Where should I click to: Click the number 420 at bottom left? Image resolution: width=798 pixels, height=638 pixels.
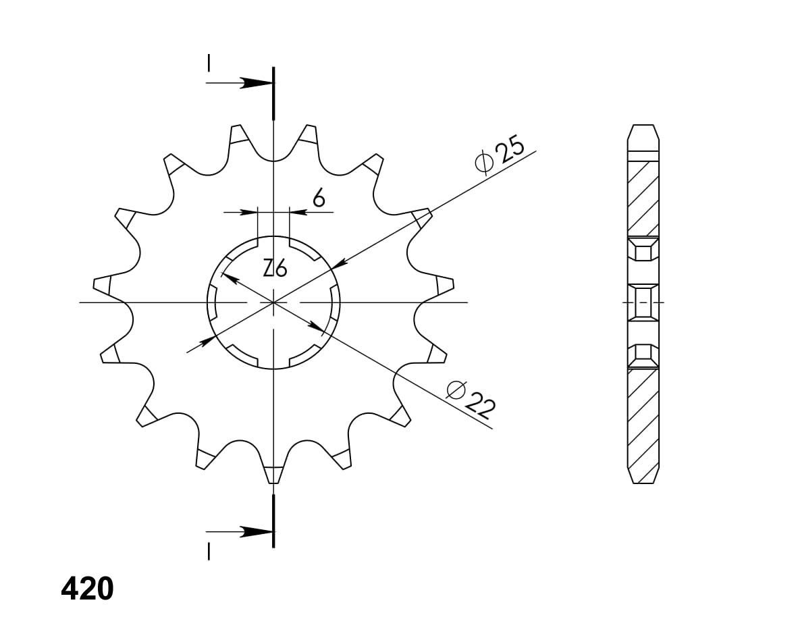point(87,589)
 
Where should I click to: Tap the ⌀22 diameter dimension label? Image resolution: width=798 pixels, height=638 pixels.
point(471,398)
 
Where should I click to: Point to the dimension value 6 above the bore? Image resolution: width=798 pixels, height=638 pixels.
point(319,198)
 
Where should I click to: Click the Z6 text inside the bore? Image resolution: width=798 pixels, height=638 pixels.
point(275,269)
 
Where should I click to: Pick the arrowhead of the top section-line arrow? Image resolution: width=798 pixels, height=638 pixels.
point(260,83)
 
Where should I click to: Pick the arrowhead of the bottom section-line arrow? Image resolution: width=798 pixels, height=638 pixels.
point(260,531)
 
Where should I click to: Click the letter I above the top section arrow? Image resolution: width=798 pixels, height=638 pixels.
point(209,63)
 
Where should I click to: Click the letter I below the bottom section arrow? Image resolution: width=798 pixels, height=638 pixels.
point(209,552)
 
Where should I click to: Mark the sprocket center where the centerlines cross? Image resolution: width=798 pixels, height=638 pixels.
point(273,302)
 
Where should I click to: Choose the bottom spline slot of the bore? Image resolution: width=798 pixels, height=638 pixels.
point(273,364)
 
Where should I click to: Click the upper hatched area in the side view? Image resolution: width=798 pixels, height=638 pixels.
point(643,199)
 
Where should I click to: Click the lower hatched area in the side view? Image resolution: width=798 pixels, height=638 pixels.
point(643,419)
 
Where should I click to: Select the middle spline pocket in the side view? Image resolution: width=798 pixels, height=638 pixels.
point(643,302)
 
